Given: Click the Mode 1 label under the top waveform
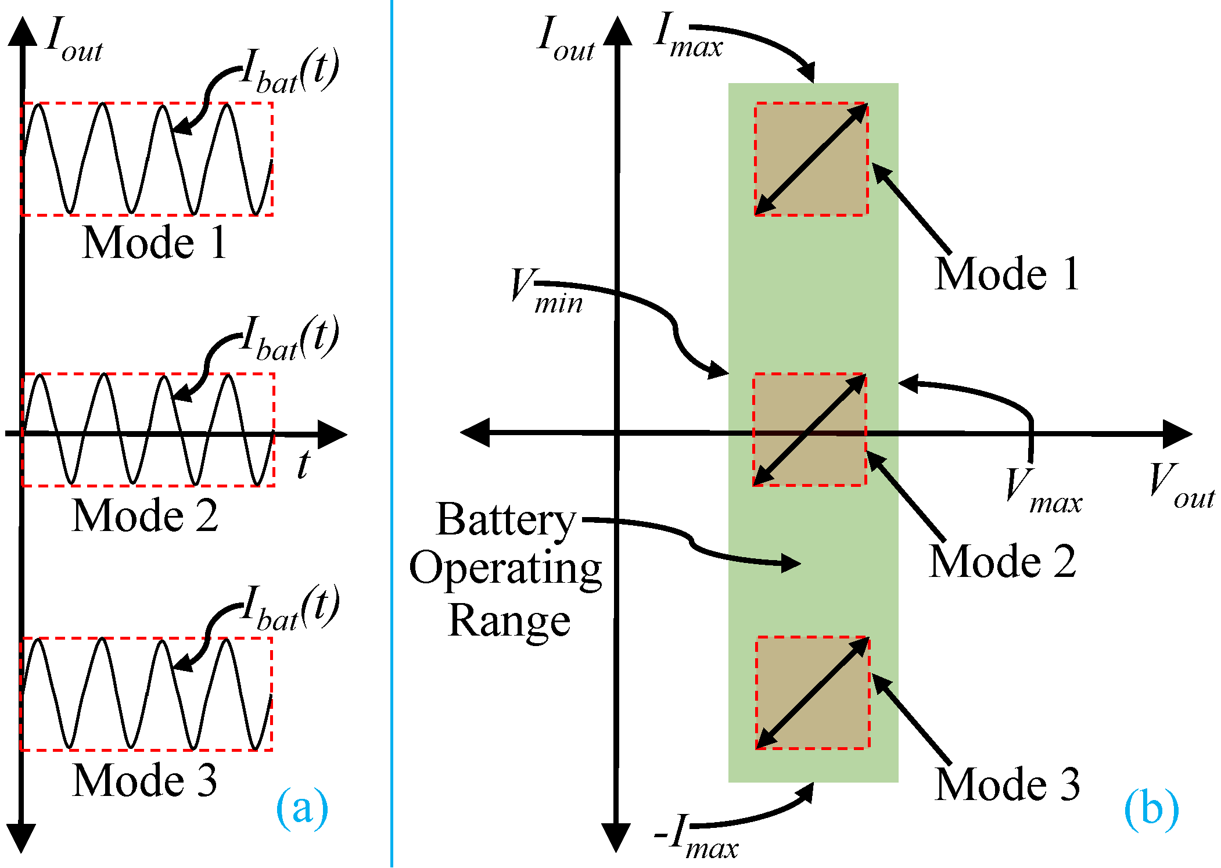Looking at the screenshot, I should point(155,242).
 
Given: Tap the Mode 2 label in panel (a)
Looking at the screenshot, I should point(145,516).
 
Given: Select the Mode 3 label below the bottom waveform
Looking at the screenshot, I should point(145,780).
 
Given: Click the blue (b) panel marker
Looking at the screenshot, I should point(1151,809).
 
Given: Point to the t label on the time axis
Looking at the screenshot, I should point(303,465).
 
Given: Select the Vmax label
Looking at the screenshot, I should point(1043,492).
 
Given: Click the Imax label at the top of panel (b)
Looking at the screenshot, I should point(688,37).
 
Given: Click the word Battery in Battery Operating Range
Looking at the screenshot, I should point(505,519).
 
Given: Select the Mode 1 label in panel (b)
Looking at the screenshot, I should point(1007,274).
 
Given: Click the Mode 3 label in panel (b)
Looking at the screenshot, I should point(1007,784).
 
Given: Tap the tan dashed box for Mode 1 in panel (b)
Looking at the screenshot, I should point(811,159).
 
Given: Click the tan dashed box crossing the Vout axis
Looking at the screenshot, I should point(809,430).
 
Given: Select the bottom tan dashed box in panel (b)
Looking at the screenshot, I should point(812,693).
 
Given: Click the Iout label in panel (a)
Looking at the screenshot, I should point(74,40).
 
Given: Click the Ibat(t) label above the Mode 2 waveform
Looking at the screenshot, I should point(289,339).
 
